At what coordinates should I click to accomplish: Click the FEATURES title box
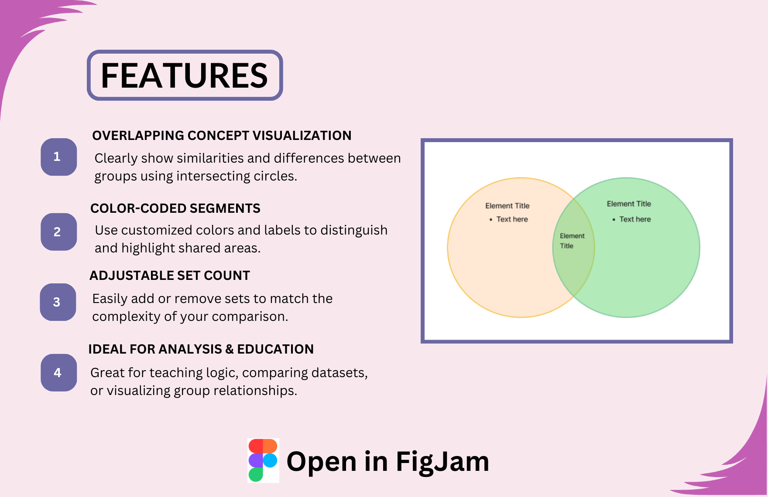[185, 75]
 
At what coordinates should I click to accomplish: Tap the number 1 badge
[58, 157]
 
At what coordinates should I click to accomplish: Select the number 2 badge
[58, 232]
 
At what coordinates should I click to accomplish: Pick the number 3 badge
[58, 302]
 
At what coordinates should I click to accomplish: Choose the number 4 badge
[58, 373]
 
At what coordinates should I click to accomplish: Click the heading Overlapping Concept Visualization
[222, 136]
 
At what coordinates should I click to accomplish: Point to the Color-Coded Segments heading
[175, 208]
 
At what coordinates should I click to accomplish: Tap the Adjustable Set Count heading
[169, 276]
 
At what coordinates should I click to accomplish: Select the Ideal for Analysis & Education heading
[201, 349]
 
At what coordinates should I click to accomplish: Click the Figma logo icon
[263, 460]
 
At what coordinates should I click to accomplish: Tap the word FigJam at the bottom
[442, 461]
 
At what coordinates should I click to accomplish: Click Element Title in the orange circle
[507, 206]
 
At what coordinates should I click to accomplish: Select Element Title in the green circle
[629, 204]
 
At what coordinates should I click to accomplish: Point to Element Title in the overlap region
[572, 241]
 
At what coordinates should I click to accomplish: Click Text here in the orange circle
[512, 219]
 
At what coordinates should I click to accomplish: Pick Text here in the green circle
[635, 219]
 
